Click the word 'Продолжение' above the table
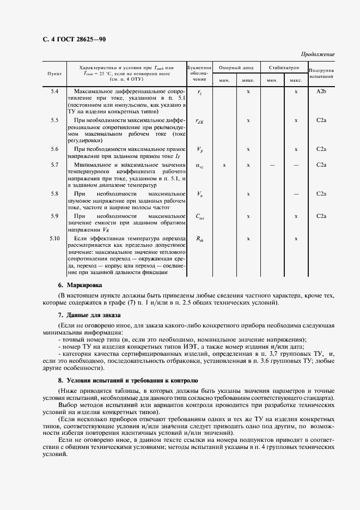click(318, 54)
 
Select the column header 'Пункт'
click(54, 72)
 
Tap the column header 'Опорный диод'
click(236, 68)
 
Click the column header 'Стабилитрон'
click(284, 68)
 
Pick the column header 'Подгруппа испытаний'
click(321, 73)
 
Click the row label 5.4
click(54, 91)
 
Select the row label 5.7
click(54, 165)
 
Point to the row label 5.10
click(54, 239)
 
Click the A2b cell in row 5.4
click(321, 91)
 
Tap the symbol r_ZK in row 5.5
click(199, 121)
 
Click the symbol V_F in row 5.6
click(199, 150)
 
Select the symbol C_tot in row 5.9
click(199, 217)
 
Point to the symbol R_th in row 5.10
click(199, 239)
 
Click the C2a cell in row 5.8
click(321, 193)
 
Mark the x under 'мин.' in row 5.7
click(224, 165)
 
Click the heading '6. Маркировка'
click(80, 285)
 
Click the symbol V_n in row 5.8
click(199, 194)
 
